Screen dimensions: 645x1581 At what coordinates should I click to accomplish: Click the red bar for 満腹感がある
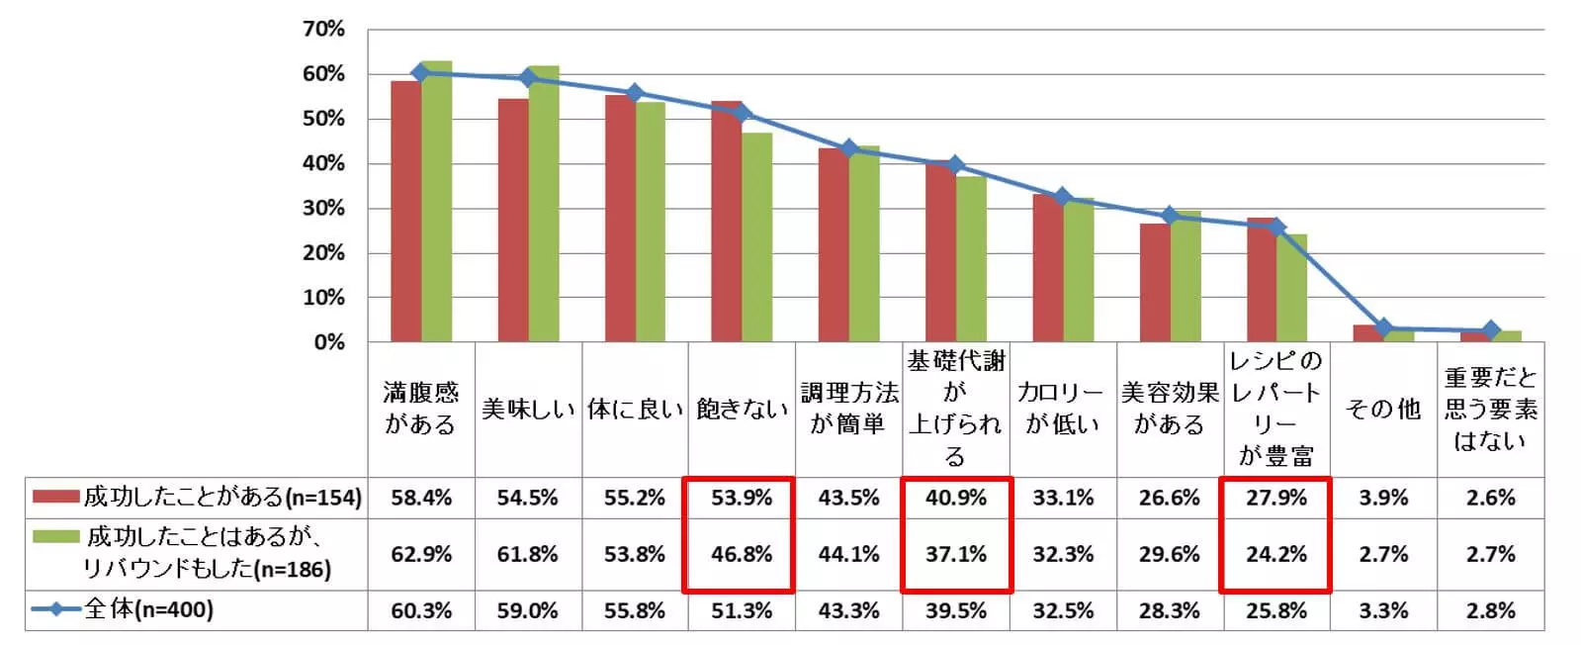point(405,212)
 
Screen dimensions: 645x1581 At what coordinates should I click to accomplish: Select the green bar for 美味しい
point(543,204)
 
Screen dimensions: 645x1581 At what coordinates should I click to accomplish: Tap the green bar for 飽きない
point(757,237)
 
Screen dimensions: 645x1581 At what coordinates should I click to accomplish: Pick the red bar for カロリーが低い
point(1047,268)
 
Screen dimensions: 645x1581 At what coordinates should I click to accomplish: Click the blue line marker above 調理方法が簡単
point(848,148)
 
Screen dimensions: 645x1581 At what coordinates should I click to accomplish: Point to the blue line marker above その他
point(1383,327)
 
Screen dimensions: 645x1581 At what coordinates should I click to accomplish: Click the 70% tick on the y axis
point(323,30)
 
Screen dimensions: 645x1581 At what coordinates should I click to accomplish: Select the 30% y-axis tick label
point(323,209)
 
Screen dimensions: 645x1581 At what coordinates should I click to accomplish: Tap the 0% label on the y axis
point(329,342)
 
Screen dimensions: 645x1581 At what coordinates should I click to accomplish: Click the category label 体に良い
point(635,410)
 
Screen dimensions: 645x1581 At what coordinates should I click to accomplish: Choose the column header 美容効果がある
point(1170,409)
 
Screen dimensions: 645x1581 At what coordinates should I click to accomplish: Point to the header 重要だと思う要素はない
point(1490,409)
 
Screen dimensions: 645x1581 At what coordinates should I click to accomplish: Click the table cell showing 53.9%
point(742,498)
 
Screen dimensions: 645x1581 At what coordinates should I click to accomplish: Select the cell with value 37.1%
point(956,554)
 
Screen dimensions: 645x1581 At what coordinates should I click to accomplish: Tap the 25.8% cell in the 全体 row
point(1276,610)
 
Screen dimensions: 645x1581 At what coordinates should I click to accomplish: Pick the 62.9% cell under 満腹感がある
point(421,554)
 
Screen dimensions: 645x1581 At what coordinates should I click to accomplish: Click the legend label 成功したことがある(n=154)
point(222,497)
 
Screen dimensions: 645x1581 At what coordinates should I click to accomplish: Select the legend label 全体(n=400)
point(148,609)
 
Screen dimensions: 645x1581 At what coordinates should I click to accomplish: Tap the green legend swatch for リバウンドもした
point(55,537)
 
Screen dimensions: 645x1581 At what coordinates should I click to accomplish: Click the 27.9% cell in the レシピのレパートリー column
point(1276,498)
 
